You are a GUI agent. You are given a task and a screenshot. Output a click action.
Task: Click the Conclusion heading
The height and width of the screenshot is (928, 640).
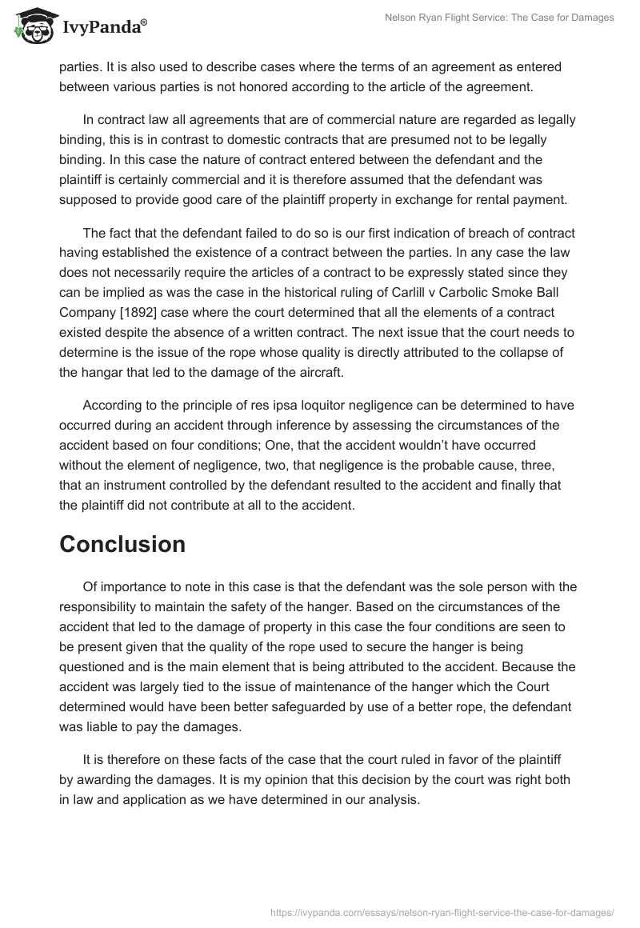pos(122,544)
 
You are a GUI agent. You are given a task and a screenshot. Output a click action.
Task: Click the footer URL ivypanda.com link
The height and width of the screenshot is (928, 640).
pos(442,911)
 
